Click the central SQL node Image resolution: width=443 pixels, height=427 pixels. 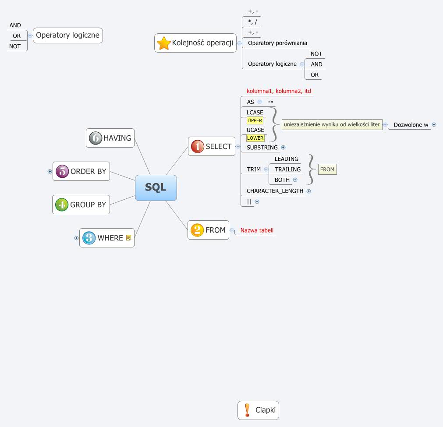[156, 187]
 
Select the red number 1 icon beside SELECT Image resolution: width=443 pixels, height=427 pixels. [197, 146]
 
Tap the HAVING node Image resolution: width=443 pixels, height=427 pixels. [110, 138]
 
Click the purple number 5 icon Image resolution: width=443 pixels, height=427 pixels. [62, 171]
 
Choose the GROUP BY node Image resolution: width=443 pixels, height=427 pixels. [81, 205]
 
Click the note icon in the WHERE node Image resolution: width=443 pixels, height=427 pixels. [128, 238]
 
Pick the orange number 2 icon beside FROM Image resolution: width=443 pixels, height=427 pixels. [197, 230]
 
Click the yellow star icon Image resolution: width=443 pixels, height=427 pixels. [164, 43]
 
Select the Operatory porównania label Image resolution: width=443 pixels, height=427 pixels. [277, 43]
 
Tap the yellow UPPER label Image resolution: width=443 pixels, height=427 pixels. [255, 120]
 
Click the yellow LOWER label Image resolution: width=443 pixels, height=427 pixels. [255, 138]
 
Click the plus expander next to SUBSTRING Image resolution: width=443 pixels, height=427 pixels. [283, 148]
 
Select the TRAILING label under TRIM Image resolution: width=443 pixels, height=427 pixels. [287, 169]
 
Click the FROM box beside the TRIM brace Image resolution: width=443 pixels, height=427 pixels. [327, 169]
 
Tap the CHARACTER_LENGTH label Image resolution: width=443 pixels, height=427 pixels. [275, 191]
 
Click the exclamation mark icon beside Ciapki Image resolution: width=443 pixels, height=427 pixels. [247, 410]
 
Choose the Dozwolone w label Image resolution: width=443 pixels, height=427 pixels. [411, 125]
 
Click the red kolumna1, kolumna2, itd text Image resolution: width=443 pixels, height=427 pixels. [279, 91]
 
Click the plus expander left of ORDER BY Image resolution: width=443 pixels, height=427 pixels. [50, 172]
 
